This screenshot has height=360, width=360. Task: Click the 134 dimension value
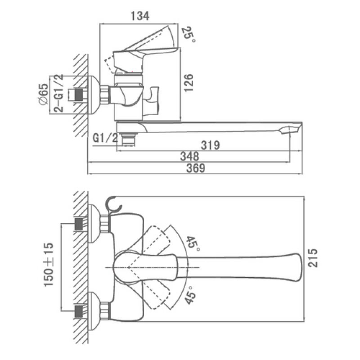pos(140,16)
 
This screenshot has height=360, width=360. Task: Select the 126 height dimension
pos(189,83)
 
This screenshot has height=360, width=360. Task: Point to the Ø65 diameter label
pos(43,94)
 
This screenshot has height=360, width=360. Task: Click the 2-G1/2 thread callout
pos(59,93)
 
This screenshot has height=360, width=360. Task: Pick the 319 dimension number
pos(210,145)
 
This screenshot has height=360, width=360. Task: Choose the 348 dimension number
pos(189,157)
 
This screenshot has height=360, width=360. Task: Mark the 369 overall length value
pos(196,168)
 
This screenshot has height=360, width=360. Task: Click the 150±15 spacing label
pos(49,265)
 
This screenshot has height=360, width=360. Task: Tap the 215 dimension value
pos(313,258)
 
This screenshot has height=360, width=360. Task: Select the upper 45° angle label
pos(193,244)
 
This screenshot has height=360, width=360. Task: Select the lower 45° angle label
pos(190,295)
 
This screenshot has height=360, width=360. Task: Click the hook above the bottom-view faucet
pos(113,204)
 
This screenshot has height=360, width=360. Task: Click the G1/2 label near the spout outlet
pos(105,138)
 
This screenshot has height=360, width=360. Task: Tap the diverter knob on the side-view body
pos(152,100)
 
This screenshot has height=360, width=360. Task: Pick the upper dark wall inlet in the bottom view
pos(79,224)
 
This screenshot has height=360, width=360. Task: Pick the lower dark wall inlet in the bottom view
pos(79,311)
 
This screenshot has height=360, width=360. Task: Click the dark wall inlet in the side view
pos(79,94)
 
